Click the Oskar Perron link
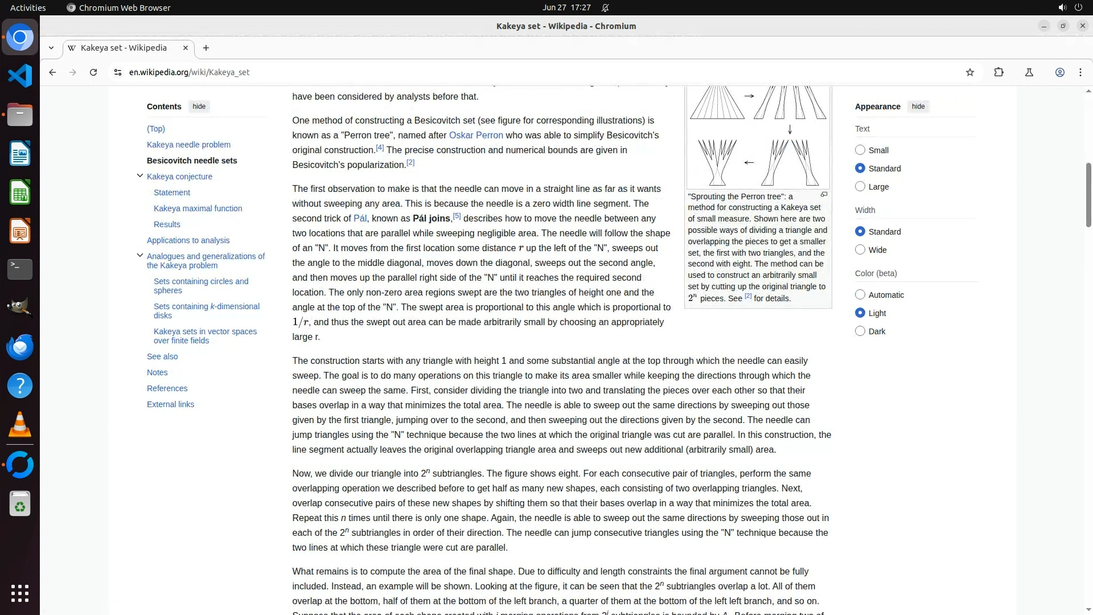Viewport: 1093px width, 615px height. coord(475,136)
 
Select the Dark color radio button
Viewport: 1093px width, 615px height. coord(860,331)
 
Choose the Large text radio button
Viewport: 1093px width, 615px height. coord(860,187)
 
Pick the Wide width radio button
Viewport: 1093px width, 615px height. coord(860,250)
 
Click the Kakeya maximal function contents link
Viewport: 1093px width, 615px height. coord(198,208)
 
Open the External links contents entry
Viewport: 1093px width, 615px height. coord(170,404)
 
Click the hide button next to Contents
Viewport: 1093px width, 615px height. coord(199,106)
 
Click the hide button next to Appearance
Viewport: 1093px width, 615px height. coord(918,106)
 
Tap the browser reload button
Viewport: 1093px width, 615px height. coord(93,72)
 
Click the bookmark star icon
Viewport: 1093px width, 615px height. coord(970,72)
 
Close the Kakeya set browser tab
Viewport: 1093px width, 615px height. coord(185,48)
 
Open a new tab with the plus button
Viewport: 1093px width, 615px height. coord(206,48)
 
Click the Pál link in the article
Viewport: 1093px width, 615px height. coord(360,219)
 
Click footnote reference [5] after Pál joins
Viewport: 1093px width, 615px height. coord(457,216)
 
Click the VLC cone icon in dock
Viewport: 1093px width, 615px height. coord(20,425)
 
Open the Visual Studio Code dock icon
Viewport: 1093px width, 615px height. coord(20,76)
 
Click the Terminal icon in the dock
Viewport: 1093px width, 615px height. coord(20,269)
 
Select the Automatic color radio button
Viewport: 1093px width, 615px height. coord(860,295)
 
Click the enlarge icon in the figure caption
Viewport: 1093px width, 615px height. coord(824,195)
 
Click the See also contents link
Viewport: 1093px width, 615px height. coord(162,356)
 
